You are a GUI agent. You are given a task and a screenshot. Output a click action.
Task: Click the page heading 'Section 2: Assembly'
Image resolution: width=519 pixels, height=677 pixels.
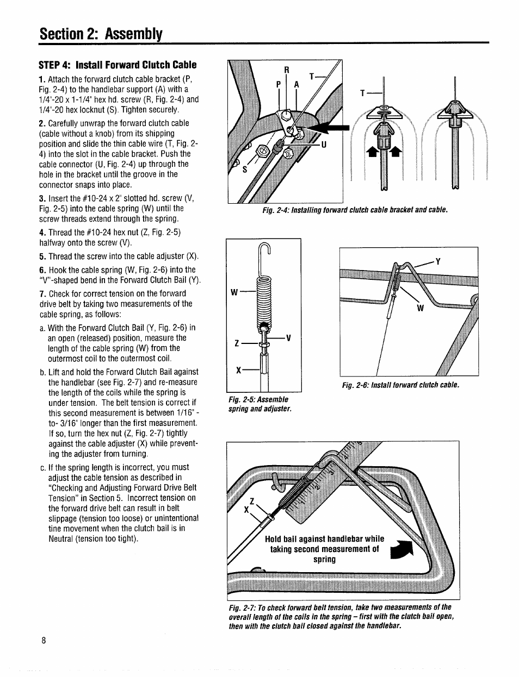point(101,34)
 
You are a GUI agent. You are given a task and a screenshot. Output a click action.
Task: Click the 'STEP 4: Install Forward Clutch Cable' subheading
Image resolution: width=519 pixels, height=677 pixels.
point(118,65)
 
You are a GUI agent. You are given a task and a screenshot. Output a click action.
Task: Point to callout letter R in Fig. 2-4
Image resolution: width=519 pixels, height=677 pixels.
point(287,70)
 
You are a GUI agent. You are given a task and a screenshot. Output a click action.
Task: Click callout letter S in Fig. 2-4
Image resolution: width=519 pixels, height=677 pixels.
point(244,170)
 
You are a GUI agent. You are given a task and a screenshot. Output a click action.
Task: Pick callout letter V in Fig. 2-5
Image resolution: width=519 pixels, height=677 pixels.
point(289,338)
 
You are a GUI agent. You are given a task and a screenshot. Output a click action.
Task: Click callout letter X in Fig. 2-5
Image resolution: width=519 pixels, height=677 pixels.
point(238,370)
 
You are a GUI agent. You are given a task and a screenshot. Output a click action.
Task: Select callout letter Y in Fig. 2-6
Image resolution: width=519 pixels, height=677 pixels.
point(437,261)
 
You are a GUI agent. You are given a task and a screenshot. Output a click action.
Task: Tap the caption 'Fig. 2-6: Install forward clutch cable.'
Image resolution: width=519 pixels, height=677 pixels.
point(400,385)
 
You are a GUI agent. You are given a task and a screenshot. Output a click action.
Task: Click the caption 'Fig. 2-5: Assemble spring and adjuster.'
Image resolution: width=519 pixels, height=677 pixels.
point(260,404)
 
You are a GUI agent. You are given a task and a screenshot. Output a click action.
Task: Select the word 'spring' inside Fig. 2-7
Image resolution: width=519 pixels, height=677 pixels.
point(324,559)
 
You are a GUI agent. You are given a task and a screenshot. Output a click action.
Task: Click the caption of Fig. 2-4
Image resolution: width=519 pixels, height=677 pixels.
point(355,209)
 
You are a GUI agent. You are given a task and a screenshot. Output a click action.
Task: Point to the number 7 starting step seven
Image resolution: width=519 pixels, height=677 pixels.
point(41,293)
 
